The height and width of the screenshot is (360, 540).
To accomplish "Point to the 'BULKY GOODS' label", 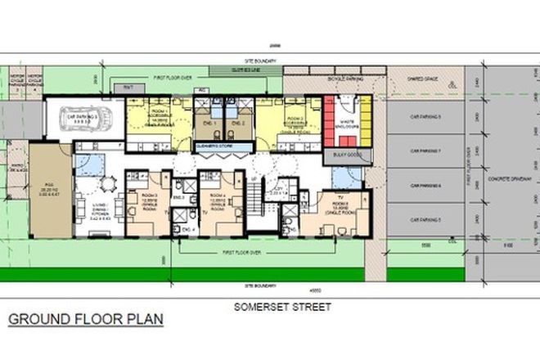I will pyautogui.click(x=347, y=154).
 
